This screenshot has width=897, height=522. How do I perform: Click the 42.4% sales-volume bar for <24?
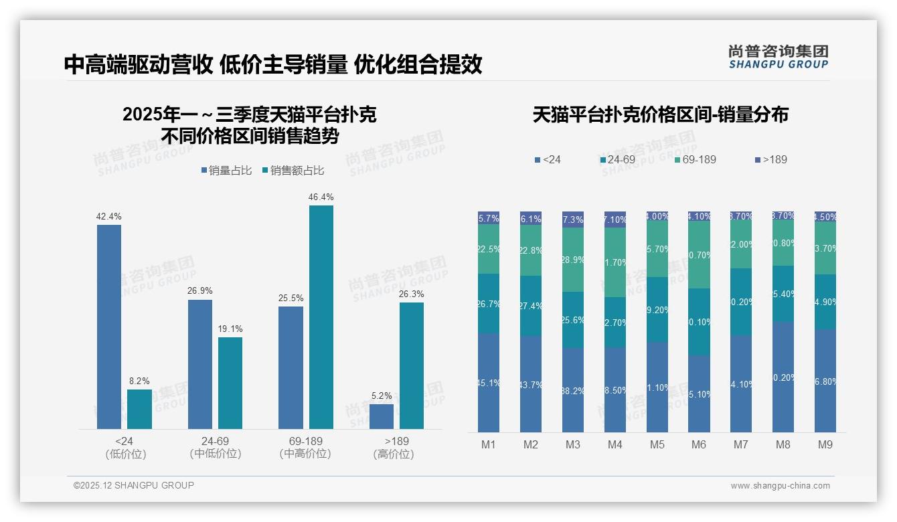109,327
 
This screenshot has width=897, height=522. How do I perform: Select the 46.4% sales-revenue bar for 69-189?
321,317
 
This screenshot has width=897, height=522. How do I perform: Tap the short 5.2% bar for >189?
381,416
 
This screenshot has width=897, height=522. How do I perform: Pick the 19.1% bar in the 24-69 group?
230,383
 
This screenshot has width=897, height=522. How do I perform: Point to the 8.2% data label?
139,381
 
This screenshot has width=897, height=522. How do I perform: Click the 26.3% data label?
411,294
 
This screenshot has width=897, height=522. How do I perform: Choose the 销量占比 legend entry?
226,171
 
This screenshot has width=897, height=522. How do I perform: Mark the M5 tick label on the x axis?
657,444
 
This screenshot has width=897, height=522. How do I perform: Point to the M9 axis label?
825,444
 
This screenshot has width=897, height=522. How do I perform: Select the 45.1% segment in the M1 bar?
489,383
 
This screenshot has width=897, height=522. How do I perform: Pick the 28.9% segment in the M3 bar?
572,260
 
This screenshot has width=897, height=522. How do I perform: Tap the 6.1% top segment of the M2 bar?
531,219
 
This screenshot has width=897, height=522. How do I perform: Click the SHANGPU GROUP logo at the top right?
778,56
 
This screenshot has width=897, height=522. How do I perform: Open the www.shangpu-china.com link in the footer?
780,486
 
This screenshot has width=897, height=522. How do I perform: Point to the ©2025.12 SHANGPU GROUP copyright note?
134,485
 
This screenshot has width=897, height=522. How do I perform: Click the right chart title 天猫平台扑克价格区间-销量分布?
660,114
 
